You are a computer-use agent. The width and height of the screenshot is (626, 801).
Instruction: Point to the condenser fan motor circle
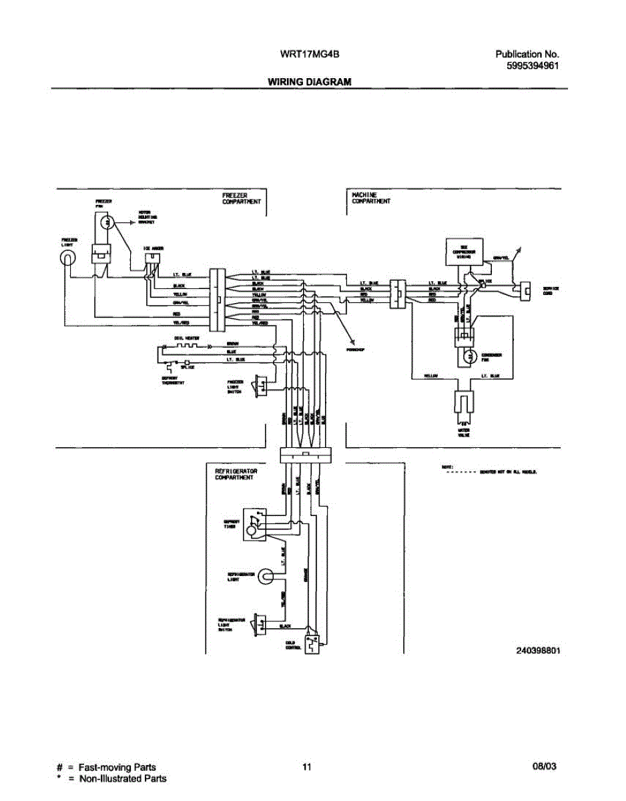click(471, 358)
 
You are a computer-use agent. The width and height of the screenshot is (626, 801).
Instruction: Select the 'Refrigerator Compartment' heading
click(236, 474)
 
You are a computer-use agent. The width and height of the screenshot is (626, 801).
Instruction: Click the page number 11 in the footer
click(306, 767)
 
